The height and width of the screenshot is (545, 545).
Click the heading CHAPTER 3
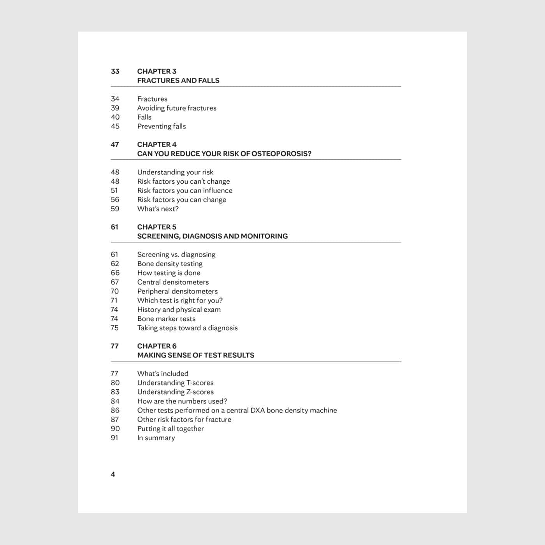[x=156, y=71]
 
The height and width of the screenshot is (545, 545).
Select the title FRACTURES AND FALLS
[x=178, y=81]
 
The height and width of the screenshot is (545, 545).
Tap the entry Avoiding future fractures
[x=177, y=108]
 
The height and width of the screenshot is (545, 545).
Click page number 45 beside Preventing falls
[x=115, y=126]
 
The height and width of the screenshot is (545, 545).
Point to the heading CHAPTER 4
[x=156, y=144]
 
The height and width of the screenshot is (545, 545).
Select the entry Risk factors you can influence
[x=185, y=190]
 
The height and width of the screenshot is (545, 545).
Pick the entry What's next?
[x=158, y=209]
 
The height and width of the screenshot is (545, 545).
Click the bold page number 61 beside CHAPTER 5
[x=114, y=227]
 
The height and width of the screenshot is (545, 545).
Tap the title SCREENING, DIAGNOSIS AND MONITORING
[x=212, y=236]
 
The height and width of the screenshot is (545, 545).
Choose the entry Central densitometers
[x=173, y=282]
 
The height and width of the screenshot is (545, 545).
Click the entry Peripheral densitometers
[x=177, y=291]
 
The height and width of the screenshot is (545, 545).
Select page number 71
[x=114, y=300]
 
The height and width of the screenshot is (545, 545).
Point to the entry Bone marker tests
[x=166, y=318]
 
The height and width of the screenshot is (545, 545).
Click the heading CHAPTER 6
[x=156, y=346]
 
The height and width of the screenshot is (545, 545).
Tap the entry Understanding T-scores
[x=175, y=383]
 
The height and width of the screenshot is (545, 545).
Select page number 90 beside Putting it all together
[x=115, y=429]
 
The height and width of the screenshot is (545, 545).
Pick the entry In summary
[x=156, y=438]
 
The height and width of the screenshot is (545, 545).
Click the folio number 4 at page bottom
[x=113, y=474]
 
